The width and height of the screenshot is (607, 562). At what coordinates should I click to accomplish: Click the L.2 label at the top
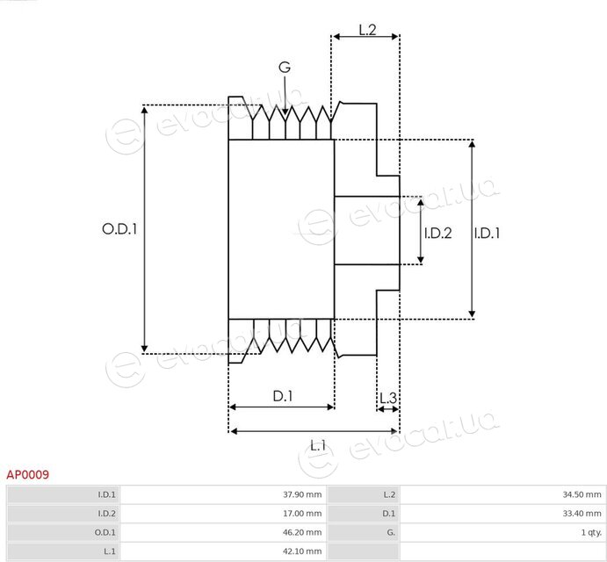[367, 30]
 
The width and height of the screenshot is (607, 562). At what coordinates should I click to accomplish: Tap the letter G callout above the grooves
[285, 68]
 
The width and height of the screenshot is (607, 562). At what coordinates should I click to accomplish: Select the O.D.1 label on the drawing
[119, 229]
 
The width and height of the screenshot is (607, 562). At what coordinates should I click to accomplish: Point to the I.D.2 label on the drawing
[437, 233]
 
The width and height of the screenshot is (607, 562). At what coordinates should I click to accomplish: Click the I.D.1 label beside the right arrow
[487, 233]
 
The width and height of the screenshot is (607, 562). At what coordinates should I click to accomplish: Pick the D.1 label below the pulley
[283, 396]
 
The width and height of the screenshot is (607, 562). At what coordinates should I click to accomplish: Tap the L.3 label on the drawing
[388, 398]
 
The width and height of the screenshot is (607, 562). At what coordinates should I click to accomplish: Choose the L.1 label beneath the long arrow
[318, 446]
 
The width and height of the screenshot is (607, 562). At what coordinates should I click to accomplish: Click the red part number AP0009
[28, 474]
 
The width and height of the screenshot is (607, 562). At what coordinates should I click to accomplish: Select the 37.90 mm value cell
[223, 494]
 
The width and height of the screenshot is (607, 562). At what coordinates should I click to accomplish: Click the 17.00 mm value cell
[223, 514]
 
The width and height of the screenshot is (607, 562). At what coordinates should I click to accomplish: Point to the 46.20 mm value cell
[223, 533]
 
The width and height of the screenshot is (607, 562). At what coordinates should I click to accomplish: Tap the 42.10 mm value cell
[223, 551]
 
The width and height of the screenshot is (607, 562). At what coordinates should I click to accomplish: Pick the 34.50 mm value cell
[502, 494]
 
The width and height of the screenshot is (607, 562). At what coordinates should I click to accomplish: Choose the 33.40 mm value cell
[502, 514]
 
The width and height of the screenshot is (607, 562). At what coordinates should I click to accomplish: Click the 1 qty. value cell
[502, 533]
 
